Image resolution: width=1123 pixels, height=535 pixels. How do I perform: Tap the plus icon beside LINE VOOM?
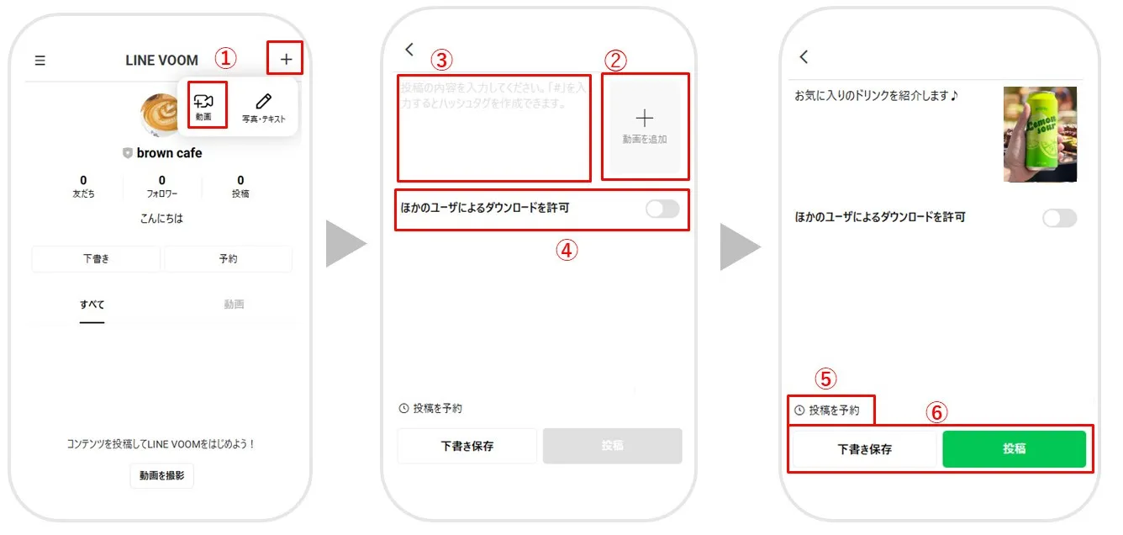pos(287,60)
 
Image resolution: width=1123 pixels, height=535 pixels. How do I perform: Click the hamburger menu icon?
pos(40,61)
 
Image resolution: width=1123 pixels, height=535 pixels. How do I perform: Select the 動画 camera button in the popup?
pos(204,106)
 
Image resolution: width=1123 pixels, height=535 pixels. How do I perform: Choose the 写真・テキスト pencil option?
pos(264,107)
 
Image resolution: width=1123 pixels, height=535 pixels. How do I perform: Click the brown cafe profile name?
pos(169,153)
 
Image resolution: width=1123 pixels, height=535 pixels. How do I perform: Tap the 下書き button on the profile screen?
pos(96,259)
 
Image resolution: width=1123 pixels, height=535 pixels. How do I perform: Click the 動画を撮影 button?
pos(162,475)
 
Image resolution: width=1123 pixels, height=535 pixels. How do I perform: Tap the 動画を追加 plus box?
pos(645,126)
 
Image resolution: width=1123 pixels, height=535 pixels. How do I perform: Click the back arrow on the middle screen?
pos(409,50)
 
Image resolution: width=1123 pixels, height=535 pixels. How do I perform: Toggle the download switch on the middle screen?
pos(662,209)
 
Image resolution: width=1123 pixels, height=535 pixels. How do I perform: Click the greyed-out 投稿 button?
pos(612,446)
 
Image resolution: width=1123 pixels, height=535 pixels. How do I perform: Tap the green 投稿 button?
pos(1014,449)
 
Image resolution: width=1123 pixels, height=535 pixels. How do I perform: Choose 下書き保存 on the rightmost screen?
pos(864,449)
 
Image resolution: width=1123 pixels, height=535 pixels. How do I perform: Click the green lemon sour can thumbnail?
pos(1040,135)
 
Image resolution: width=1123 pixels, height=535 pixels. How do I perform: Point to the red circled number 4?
pos(568,250)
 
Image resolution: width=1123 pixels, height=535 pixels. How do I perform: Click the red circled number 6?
pos(937,412)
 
